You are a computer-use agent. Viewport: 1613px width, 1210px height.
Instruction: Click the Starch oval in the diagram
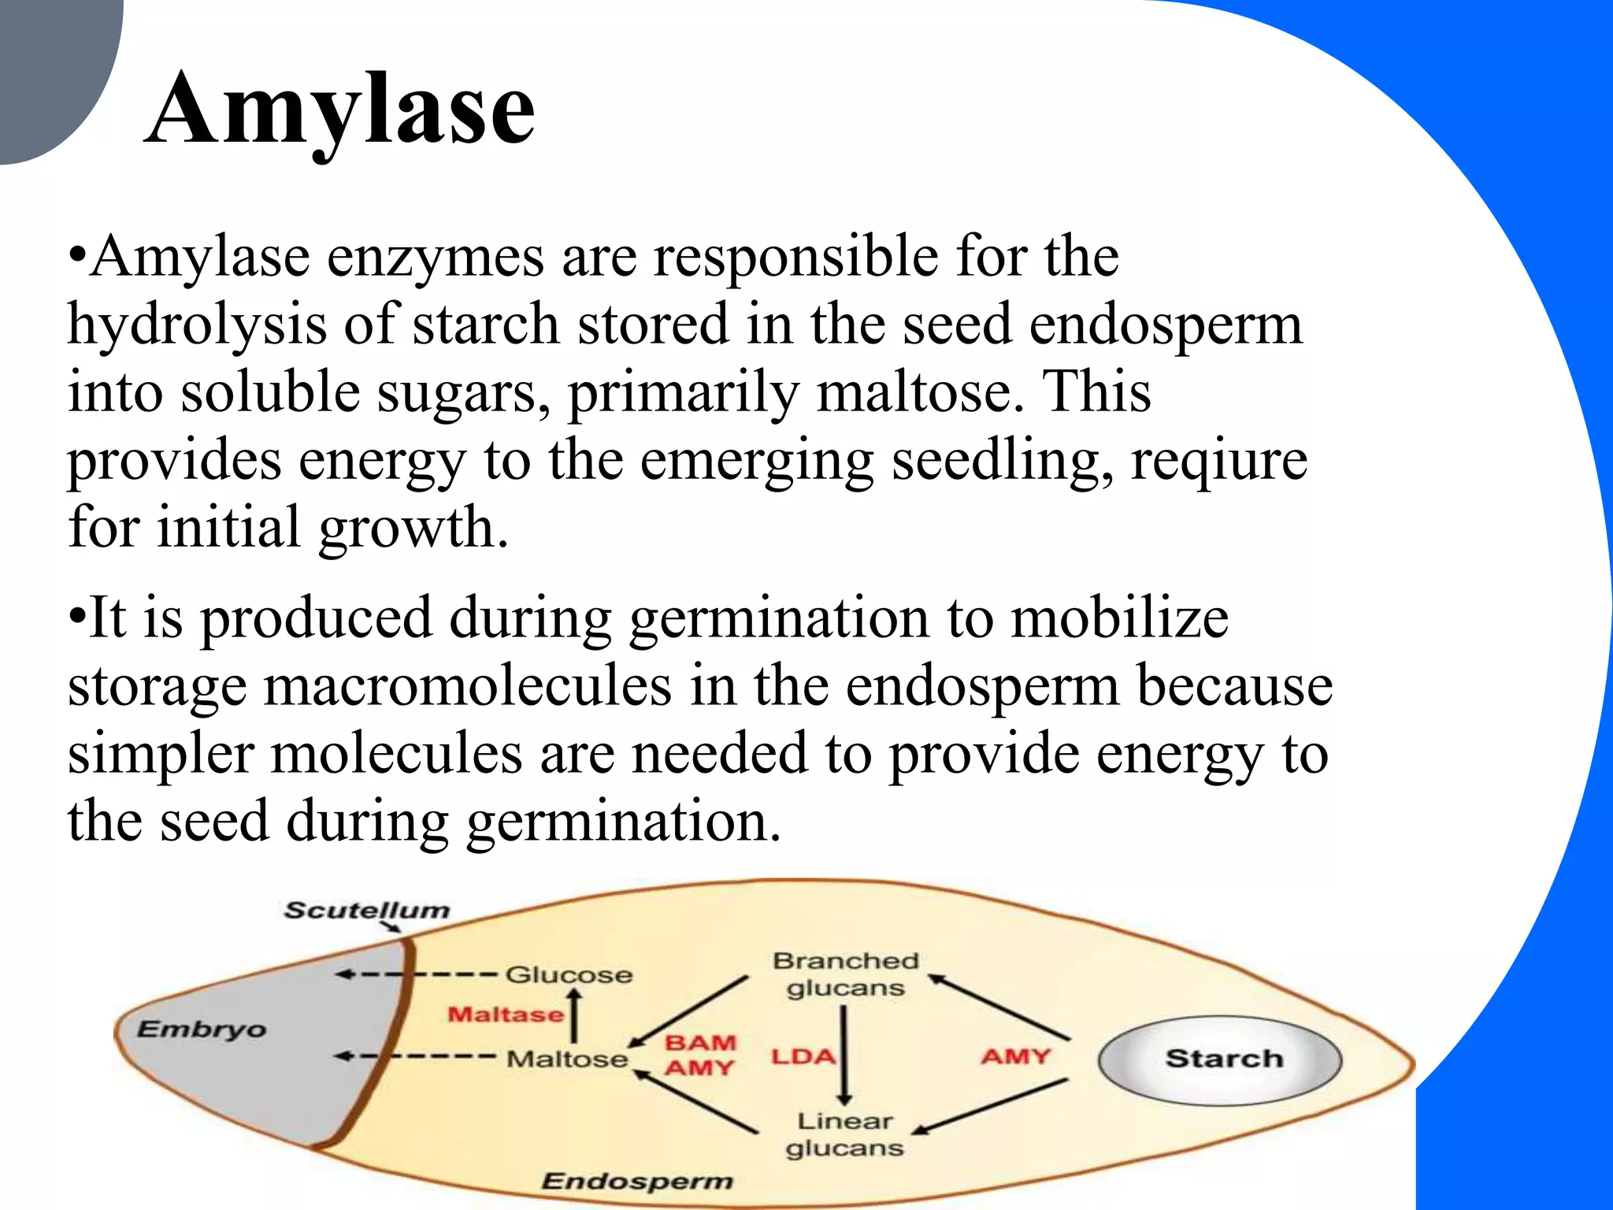tap(1220, 1059)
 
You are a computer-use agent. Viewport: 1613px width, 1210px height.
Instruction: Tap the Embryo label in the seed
tap(202, 1030)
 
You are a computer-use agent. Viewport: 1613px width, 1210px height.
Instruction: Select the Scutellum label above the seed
tap(366, 911)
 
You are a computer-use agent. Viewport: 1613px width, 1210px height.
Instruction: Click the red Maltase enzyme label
tap(506, 1014)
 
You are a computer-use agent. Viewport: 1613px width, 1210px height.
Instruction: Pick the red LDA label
tap(803, 1056)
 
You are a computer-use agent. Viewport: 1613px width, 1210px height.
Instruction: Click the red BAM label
tap(700, 1043)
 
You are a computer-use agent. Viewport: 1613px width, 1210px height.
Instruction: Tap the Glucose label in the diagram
tap(569, 975)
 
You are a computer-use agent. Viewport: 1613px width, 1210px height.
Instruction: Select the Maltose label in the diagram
tap(567, 1059)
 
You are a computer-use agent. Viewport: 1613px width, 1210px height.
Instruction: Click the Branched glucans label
tap(845, 974)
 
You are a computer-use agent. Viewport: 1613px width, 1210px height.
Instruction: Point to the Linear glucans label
tap(844, 1134)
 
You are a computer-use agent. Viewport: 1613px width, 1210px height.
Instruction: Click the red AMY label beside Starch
tap(1015, 1056)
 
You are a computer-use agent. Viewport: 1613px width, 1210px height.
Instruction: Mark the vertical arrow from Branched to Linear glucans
tap(844, 1056)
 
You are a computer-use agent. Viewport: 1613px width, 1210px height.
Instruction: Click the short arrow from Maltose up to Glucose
tap(575, 1015)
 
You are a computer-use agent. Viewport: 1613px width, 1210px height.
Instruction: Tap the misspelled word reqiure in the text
tap(1219, 460)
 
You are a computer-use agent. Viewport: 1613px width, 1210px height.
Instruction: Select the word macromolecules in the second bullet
tap(467, 686)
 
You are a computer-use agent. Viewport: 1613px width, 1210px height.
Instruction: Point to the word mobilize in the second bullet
tap(1119, 618)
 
